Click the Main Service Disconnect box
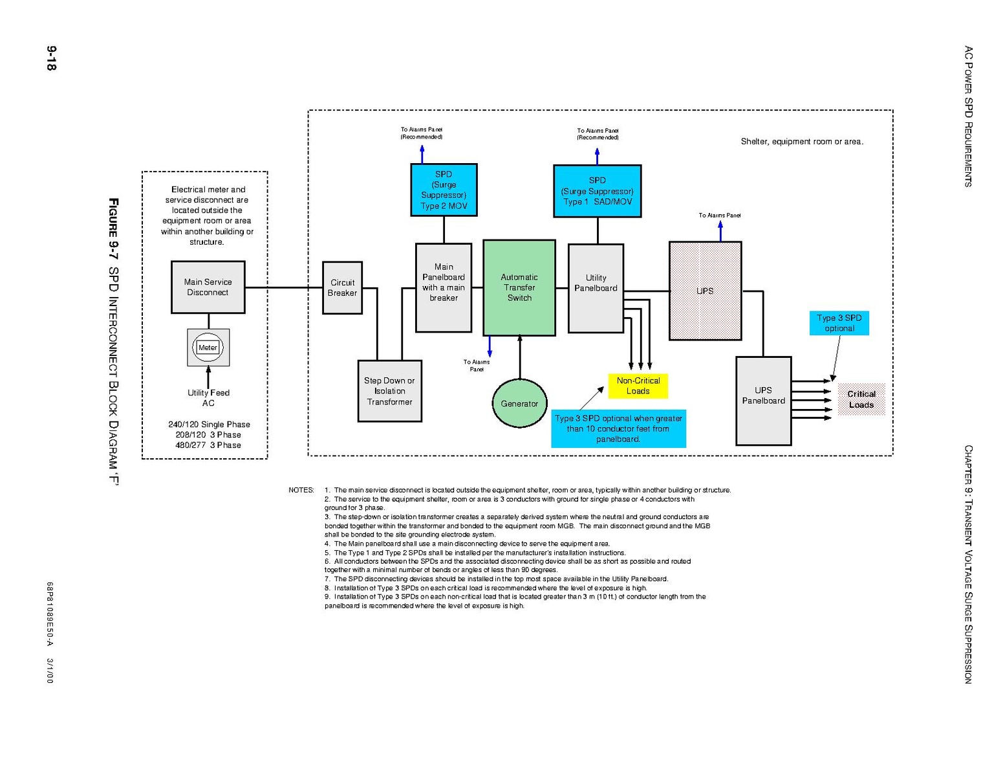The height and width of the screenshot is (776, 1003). tap(208, 287)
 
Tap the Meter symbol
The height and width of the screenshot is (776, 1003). tap(208, 348)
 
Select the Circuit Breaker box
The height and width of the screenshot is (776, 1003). tap(342, 288)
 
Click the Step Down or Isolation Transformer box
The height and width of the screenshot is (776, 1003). tap(389, 391)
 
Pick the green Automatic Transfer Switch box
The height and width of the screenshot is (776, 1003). tap(519, 287)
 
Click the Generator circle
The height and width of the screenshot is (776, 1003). tap(519, 403)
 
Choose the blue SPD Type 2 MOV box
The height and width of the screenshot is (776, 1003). tap(444, 190)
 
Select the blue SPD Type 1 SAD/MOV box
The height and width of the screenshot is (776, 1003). tap(597, 191)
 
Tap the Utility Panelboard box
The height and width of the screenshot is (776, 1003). tap(596, 288)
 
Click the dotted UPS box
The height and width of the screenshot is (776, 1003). tap(705, 291)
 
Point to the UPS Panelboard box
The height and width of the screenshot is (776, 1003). tap(763, 401)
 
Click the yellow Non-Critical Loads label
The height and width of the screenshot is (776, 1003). tap(638, 386)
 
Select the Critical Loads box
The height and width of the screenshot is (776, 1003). tap(861, 399)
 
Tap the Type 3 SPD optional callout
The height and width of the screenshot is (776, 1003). tap(839, 323)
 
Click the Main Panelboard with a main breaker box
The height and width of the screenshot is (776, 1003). tap(444, 287)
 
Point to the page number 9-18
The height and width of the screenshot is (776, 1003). tap(51, 58)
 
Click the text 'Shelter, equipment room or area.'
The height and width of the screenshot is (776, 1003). tap(801, 142)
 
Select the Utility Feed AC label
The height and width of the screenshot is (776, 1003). tap(208, 397)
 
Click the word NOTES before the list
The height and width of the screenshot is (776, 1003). tap(301, 490)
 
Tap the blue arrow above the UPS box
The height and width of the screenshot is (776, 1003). tap(720, 231)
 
